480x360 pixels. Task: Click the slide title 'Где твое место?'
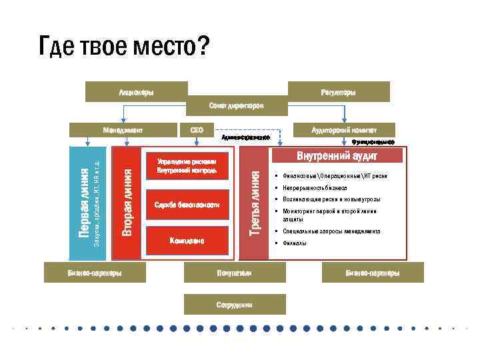tap(124, 47)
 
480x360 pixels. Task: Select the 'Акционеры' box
tap(135, 91)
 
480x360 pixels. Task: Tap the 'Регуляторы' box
tap(338, 91)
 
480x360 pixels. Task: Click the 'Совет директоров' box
tap(236, 105)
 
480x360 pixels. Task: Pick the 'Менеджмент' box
tap(123, 129)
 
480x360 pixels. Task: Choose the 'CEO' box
tap(197, 129)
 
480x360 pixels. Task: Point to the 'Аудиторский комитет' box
tap(345, 129)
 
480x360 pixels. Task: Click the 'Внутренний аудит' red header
tap(337, 156)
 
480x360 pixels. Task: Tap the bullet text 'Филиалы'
tap(295, 243)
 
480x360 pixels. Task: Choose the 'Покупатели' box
tap(234, 273)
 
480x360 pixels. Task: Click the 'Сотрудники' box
tap(234, 304)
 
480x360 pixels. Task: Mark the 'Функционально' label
tap(373, 142)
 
